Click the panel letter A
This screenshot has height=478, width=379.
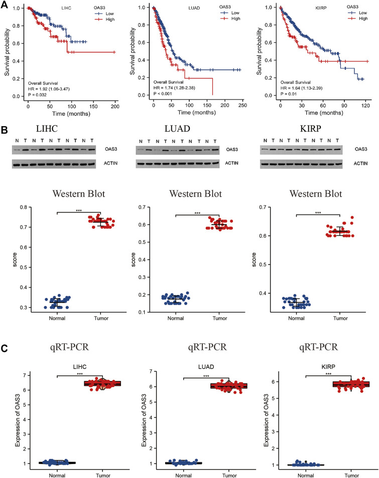click(5, 4)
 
